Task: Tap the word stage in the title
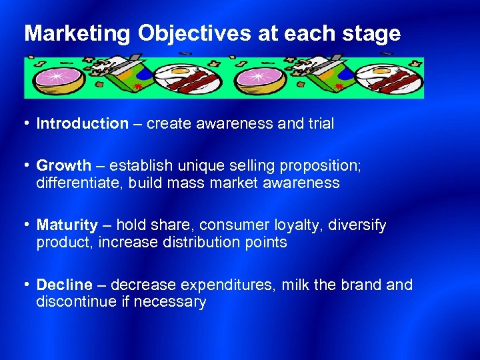(x=372, y=34)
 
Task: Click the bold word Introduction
(x=82, y=123)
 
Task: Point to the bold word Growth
(x=63, y=165)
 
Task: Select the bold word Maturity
(x=67, y=225)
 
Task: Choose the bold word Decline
(x=64, y=285)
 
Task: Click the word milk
(x=295, y=285)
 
